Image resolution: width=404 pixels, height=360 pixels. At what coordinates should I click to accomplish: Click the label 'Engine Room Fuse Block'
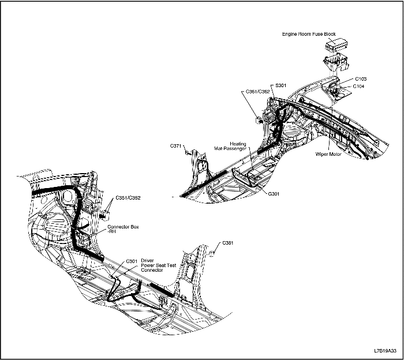coord(309,35)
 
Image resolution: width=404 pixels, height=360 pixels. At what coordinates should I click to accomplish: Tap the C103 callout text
coord(361,78)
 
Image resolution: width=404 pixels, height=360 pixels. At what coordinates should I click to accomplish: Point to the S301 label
coord(281,85)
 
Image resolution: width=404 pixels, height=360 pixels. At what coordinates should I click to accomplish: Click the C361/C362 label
coord(257,92)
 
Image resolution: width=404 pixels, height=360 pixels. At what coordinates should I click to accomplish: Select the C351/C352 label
coord(128,198)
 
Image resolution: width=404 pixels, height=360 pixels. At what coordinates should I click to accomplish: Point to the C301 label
coord(132,261)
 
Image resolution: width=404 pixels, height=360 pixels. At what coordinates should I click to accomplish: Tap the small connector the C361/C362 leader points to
coord(259,120)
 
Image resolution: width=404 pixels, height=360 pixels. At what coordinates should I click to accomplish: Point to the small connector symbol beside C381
coord(213,253)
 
